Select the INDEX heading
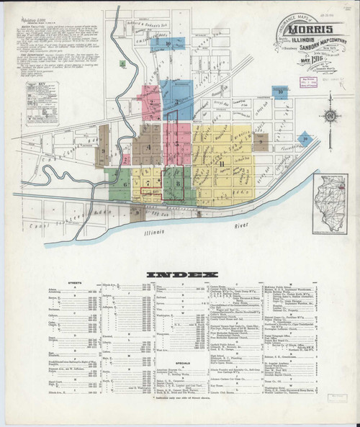pos(179,274)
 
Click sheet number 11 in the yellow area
pos(222,165)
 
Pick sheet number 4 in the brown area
pos(148,148)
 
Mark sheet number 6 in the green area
pos(125,184)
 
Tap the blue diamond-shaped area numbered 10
pos(287,135)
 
